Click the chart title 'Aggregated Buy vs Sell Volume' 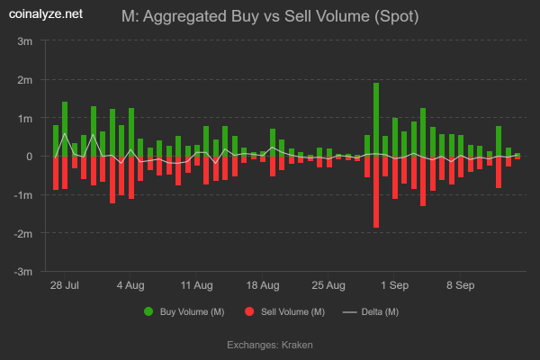[270, 16]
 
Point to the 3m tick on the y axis [26, 41]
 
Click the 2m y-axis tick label [26, 80]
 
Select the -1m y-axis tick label [24, 195]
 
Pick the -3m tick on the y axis [24, 272]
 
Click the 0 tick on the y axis [31, 157]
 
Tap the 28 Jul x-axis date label [64, 285]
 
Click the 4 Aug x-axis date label [130, 285]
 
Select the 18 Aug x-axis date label [263, 285]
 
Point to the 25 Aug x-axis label [329, 285]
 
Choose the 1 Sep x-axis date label [395, 285]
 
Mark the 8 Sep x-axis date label [461, 285]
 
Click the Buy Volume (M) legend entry [184, 311]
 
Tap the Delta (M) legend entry [371, 311]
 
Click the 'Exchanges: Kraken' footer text [270, 345]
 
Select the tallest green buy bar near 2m [376, 119]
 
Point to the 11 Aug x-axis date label [196, 285]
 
